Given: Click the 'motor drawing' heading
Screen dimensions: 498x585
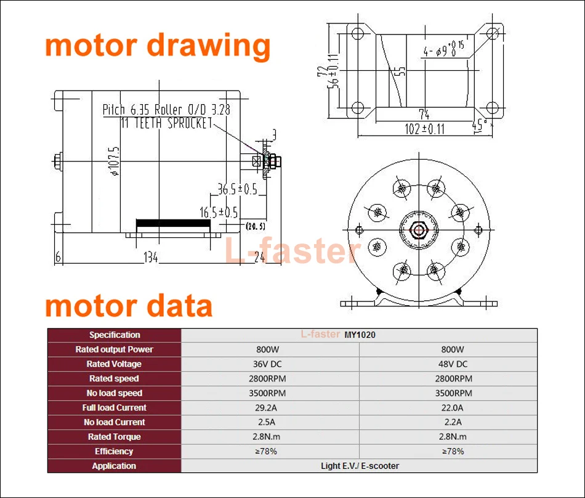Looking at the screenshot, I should pos(158,46).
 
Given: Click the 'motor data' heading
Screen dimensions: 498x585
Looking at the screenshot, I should pos(129,306).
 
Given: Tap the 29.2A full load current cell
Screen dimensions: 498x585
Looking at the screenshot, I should pos(269,407).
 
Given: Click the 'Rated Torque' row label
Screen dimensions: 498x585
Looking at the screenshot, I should pos(115,436).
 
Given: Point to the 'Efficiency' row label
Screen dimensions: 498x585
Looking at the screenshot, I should pos(115,451).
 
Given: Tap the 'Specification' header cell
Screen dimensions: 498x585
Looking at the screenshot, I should pos(115,335).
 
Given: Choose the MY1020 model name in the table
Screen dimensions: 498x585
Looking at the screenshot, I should pos(360,335).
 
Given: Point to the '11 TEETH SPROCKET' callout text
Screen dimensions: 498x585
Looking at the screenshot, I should pos(166,122).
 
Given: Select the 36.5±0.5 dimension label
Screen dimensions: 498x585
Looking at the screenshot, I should pos(237,189).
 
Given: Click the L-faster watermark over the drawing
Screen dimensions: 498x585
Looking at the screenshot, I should pos(291,251).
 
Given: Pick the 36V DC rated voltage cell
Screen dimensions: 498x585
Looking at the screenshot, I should pos(269,364).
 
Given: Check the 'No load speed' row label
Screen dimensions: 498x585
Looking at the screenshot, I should pos(115,393).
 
